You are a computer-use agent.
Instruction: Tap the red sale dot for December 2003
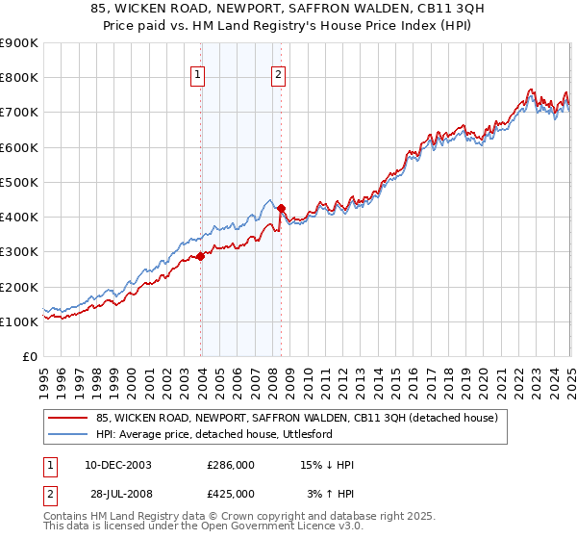pyautogui.click(x=201, y=257)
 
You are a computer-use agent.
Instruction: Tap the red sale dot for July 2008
pyautogui.click(x=282, y=208)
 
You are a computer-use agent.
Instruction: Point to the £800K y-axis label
pyautogui.click(x=18, y=78)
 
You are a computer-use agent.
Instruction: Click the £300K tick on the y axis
pyautogui.click(x=18, y=252)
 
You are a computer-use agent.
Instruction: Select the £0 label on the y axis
pyautogui.click(x=28, y=357)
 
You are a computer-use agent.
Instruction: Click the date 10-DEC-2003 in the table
pyautogui.click(x=114, y=464)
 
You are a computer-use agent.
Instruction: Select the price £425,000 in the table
pyautogui.click(x=231, y=493)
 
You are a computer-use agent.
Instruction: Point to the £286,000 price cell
pyautogui.click(x=231, y=464)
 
